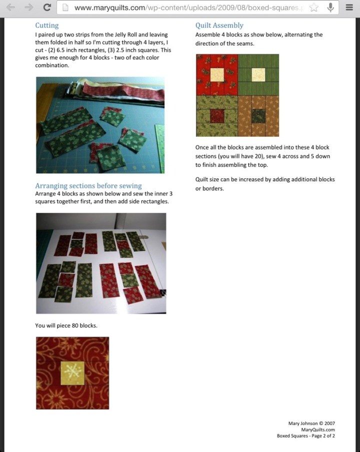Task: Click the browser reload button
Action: coord(47,7)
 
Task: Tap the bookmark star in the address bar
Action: coord(314,7)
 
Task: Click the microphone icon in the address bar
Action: coord(330,7)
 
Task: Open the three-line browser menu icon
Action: coord(349,7)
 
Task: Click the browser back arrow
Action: coord(10,7)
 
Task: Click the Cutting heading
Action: coord(47,25)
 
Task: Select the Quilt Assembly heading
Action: coord(219,25)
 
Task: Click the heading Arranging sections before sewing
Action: coord(88,186)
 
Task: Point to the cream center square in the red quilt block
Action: coord(217,75)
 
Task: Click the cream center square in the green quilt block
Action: coord(258,75)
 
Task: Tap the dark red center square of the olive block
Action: coord(217,116)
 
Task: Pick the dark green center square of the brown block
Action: coord(258,116)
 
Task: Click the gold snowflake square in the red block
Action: coord(72,373)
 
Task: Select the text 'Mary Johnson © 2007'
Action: coord(311,423)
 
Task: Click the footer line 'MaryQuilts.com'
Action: coord(318,430)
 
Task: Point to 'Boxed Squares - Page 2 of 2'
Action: coord(305,436)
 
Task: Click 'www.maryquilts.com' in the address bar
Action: coord(110,8)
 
